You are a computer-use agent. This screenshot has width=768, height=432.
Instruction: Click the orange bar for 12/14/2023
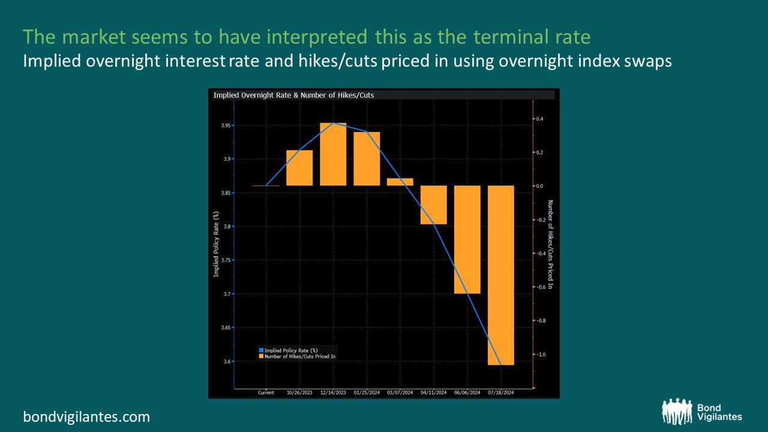pyautogui.click(x=333, y=154)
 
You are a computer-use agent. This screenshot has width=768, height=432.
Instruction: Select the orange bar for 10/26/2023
pyautogui.click(x=299, y=168)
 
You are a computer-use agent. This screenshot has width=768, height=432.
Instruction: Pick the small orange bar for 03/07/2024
pyautogui.click(x=400, y=182)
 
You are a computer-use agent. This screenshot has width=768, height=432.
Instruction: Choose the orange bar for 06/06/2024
pyautogui.click(x=467, y=239)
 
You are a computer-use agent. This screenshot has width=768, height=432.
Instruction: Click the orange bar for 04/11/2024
pyautogui.click(x=433, y=205)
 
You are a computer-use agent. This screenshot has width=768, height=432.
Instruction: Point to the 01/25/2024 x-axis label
pyautogui.click(x=367, y=392)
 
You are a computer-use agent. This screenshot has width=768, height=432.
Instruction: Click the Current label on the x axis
pyautogui.click(x=266, y=392)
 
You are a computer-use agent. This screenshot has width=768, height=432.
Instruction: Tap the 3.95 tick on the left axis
pyautogui.click(x=226, y=125)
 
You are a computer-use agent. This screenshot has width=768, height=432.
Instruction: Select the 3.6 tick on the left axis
pyautogui.click(x=227, y=361)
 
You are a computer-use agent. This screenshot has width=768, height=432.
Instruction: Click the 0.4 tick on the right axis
pyautogui.click(x=540, y=119)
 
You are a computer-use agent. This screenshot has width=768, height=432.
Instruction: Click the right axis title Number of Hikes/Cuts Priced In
pyautogui.click(x=550, y=244)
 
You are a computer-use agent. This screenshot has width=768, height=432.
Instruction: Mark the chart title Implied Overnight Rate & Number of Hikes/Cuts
pyautogui.click(x=293, y=95)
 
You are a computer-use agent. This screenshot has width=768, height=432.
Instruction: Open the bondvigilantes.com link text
pyautogui.click(x=86, y=416)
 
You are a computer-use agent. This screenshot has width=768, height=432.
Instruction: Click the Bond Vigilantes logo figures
pyautogui.click(x=676, y=411)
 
